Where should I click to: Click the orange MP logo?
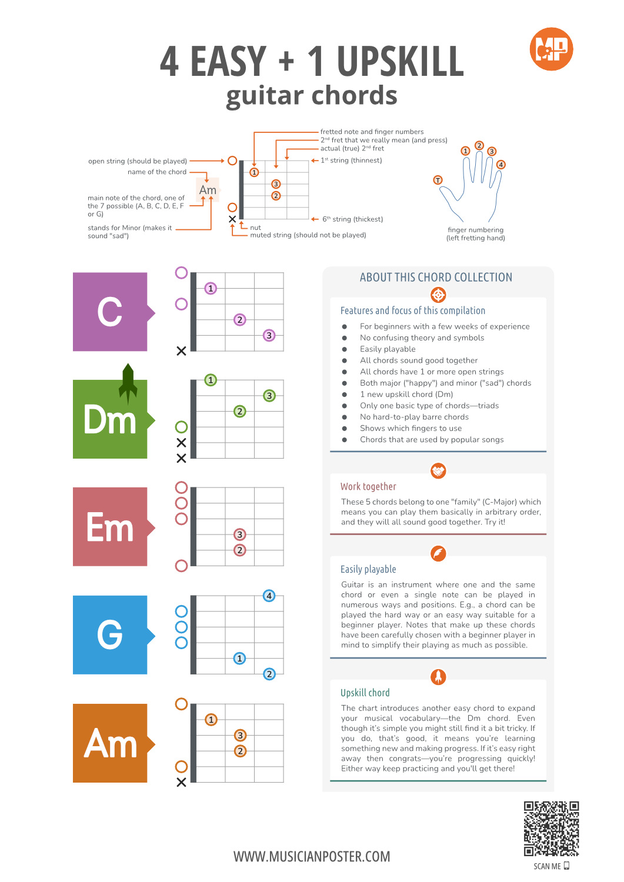(551, 49)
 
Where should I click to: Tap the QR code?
(551, 828)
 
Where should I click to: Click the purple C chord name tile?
(110, 312)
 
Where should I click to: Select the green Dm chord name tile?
(110, 419)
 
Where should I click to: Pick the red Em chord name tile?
(110, 527)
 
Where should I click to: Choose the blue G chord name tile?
(110, 635)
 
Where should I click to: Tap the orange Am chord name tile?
(110, 743)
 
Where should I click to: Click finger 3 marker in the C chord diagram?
(269, 335)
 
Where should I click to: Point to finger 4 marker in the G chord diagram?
(269, 596)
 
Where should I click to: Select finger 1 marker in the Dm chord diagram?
(211, 380)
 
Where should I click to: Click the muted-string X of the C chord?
(181, 351)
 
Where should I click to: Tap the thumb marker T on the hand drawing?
(438, 180)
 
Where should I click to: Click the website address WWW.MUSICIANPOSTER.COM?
(312, 857)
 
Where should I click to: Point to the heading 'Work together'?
(368, 487)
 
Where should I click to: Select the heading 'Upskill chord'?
(365, 693)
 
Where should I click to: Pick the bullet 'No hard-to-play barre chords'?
(414, 417)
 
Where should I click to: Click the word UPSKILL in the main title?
(400, 61)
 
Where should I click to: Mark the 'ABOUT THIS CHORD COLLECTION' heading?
(436, 278)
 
